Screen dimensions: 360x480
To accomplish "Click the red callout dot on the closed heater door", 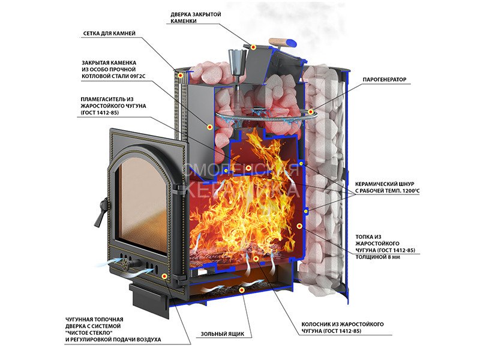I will pyautogui.click(x=254, y=46).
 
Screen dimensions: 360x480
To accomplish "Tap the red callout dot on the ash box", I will pyautogui.click(x=241, y=290).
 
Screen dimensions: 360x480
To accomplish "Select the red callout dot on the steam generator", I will pyautogui.click(x=310, y=111).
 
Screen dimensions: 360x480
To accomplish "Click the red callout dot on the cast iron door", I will pyautogui.click(x=164, y=275).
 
